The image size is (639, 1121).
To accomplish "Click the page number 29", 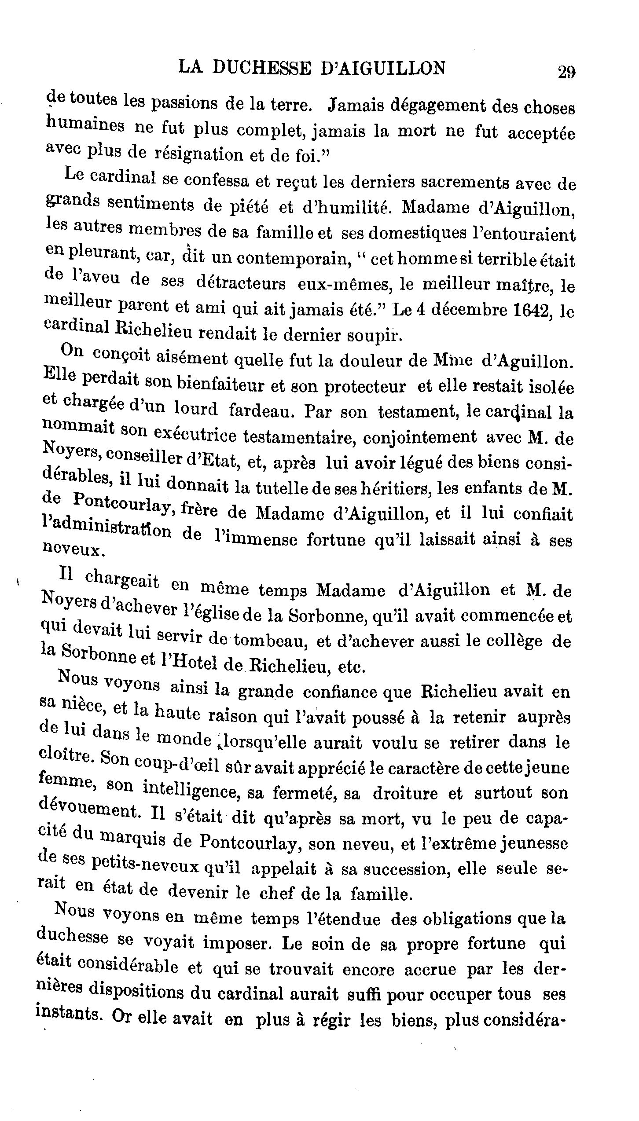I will (566, 72).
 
